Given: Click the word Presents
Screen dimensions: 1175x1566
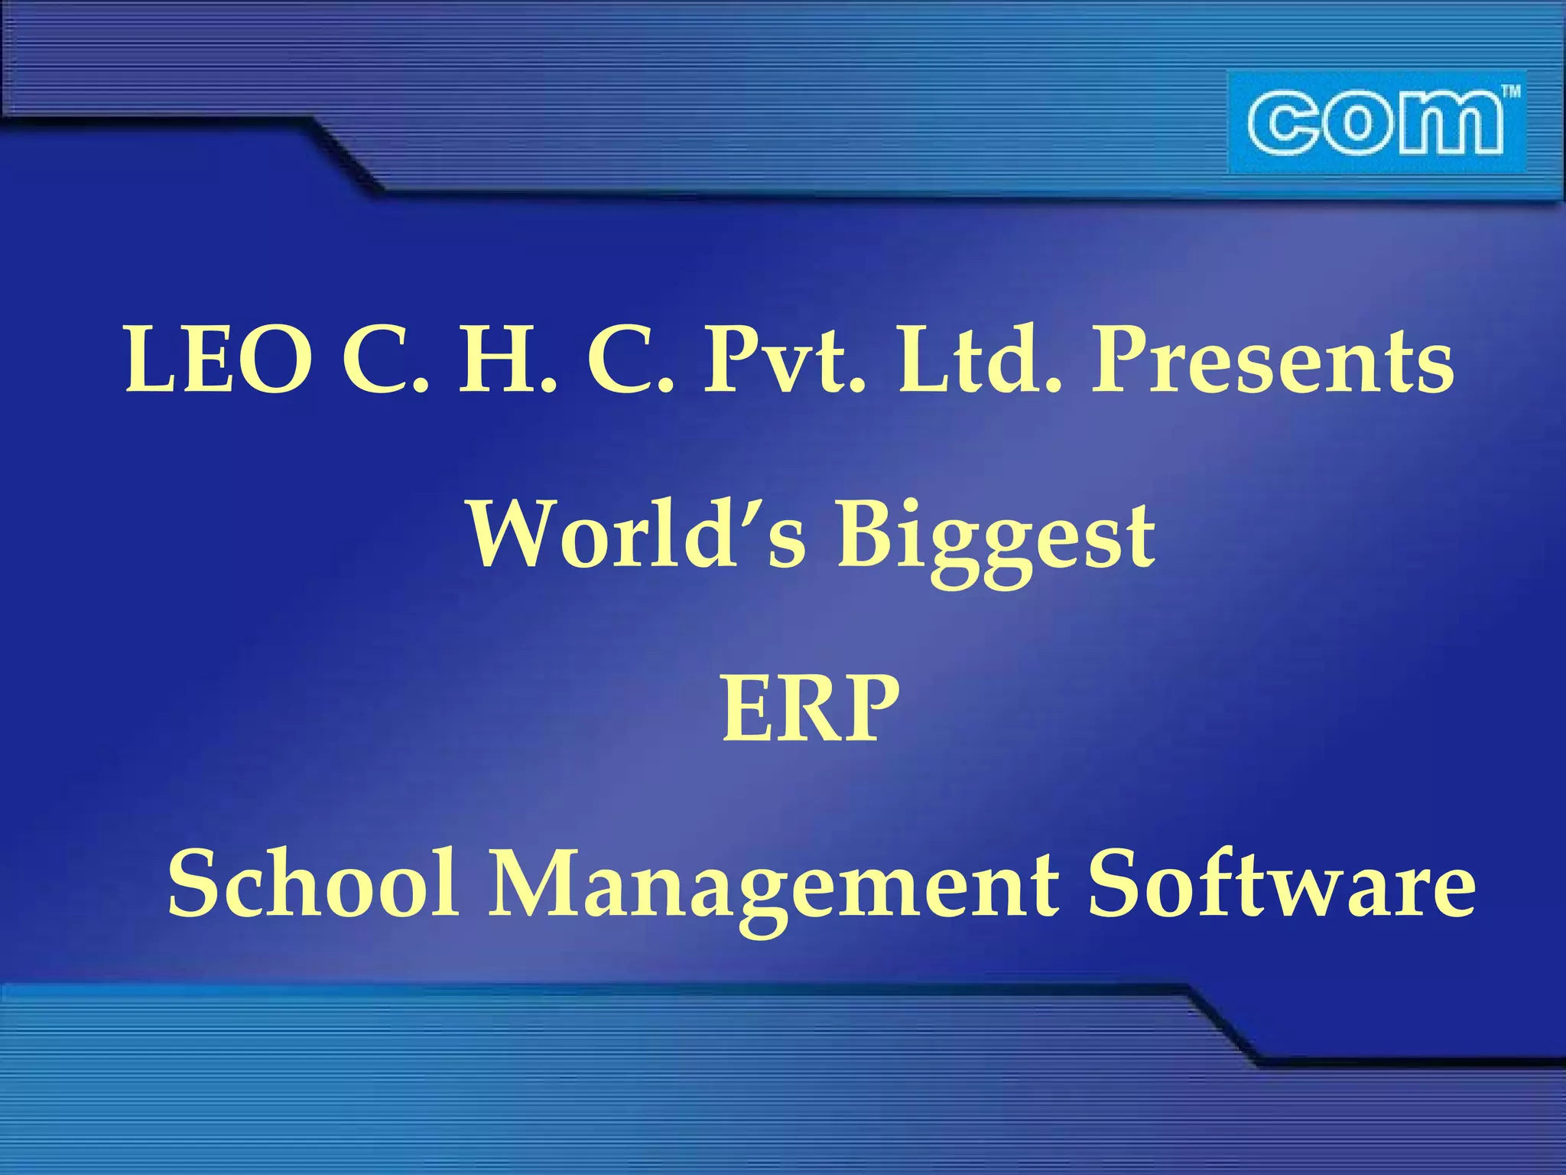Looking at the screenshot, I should (1272, 360).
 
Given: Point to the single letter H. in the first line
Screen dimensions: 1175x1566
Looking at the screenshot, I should (508, 360).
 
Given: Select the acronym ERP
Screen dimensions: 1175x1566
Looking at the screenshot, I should (811, 709).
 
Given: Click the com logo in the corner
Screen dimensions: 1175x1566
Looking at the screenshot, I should (1376, 122).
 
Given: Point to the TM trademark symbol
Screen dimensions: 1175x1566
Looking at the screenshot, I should (1510, 93).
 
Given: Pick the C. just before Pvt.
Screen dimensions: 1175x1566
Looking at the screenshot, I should (631, 360).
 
